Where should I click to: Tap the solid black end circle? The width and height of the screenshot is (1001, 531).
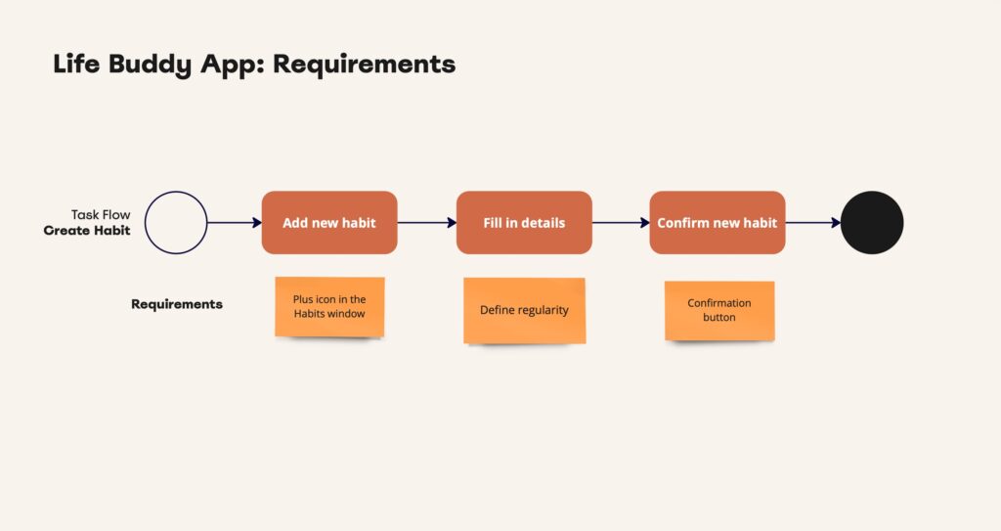(872, 222)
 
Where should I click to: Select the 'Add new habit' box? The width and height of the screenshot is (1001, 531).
(329, 222)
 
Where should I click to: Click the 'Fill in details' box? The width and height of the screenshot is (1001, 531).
(524, 222)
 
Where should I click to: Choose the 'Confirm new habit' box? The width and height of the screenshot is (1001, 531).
(718, 222)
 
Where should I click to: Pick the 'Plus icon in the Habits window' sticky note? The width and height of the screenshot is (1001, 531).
(329, 307)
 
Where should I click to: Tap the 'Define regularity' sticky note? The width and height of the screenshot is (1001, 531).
(524, 311)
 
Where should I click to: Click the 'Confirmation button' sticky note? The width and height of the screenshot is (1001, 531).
(719, 311)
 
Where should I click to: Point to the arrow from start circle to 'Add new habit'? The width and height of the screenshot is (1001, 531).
(235, 222)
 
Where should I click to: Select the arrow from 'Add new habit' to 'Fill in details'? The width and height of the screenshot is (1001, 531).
(427, 222)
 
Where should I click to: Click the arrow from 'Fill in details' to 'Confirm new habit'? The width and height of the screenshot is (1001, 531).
(621, 222)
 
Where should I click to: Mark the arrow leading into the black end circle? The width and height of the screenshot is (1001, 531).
(813, 222)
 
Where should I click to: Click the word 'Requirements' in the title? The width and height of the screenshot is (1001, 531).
(364, 65)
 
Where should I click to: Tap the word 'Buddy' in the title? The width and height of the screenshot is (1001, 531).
(150, 65)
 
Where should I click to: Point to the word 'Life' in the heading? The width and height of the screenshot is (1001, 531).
(76, 64)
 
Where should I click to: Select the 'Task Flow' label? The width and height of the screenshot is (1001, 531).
(101, 215)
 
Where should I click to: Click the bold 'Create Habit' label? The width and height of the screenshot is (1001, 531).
(87, 231)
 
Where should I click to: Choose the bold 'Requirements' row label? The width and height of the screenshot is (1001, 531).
(177, 304)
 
